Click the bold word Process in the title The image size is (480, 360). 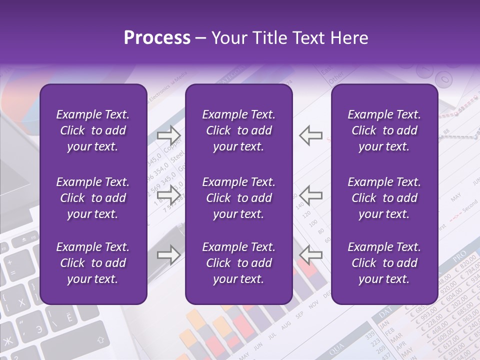click(157, 38)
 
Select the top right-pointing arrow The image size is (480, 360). click(169, 135)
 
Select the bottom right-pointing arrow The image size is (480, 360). click(169, 255)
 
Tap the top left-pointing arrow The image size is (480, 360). click(310, 135)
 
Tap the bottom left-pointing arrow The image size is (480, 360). click(310, 255)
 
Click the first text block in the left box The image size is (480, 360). click(93, 130)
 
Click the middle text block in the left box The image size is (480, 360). click(93, 198)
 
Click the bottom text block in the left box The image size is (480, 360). click(93, 263)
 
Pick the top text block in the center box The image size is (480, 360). click(239, 130)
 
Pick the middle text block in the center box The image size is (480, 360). click(239, 198)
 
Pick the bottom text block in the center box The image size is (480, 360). click(239, 263)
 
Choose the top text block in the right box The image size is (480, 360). click(384, 130)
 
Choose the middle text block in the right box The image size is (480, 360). click(384, 198)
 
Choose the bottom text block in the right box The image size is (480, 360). click(384, 263)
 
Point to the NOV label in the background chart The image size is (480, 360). click(313, 305)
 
